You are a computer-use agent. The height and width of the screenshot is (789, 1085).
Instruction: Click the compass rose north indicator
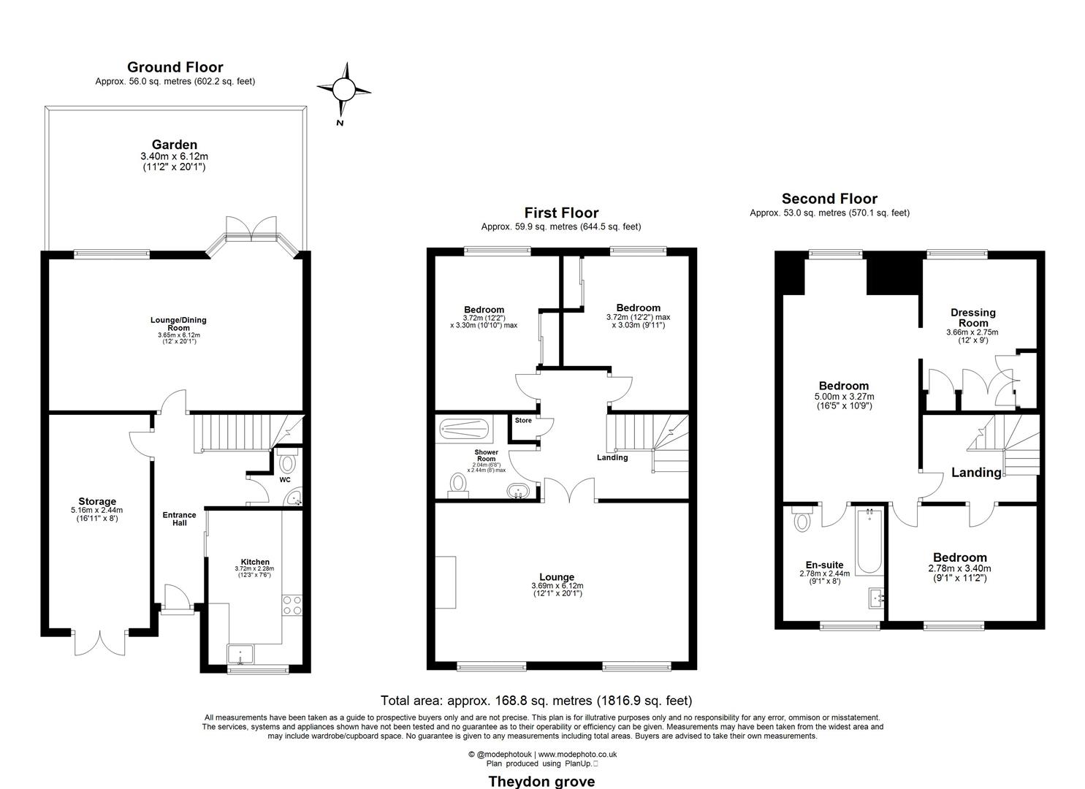[x=343, y=91]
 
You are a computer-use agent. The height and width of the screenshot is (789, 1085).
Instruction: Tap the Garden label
[x=174, y=145]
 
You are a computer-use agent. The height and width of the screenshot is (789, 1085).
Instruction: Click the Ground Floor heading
[x=175, y=67]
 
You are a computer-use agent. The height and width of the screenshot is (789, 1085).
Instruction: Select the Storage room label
[x=97, y=501]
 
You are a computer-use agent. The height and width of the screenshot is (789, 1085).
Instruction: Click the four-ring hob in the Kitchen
[x=292, y=605]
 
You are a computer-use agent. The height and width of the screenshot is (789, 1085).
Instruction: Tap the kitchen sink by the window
[x=239, y=653]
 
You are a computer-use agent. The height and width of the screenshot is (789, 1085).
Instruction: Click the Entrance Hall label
[x=179, y=519]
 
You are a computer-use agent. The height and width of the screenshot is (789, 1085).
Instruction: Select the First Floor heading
[x=560, y=213]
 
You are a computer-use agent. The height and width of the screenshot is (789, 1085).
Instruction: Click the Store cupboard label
[x=523, y=421]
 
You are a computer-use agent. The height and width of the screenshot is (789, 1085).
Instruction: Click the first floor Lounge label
[x=557, y=577]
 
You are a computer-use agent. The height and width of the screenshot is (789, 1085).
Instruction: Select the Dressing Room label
[x=972, y=318]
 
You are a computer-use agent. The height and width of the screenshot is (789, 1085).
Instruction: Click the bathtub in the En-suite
[x=869, y=541]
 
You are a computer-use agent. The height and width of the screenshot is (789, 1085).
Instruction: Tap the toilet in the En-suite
[x=802, y=522]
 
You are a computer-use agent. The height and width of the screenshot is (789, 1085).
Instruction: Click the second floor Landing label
[x=976, y=473]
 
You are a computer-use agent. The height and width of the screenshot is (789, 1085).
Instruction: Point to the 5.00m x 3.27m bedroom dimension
[x=843, y=397]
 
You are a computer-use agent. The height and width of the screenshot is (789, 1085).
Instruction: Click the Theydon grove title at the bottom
[x=541, y=781]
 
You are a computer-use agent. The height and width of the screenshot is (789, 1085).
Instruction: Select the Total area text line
[x=536, y=701]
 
